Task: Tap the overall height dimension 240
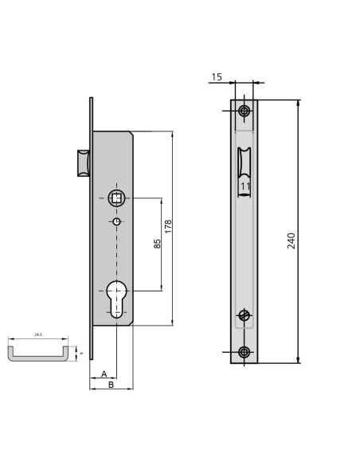pyautogui.click(x=292, y=240)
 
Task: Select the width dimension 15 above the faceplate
pyautogui.click(x=217, y=77)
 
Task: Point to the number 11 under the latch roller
pyautogui.click(x=245, y=186)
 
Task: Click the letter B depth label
pyautogui.click(x=111, y=385)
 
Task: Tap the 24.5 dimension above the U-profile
pyautogui.click(x=38, y=336)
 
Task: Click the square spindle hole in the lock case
pyautogui.click(x=117, y=197)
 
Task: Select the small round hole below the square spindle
pyautogui.click(x=117, y=221)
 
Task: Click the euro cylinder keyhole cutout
pyautogui.click(x=117, y=299)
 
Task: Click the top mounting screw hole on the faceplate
pyautogui.click(x=244, y=110)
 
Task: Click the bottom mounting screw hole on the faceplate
pyautogui.click(x=244, y=352)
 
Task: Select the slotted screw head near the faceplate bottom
pyautogui.click(x=244, y=315)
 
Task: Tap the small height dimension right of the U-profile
pyautogui.click(x=80, y=351)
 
